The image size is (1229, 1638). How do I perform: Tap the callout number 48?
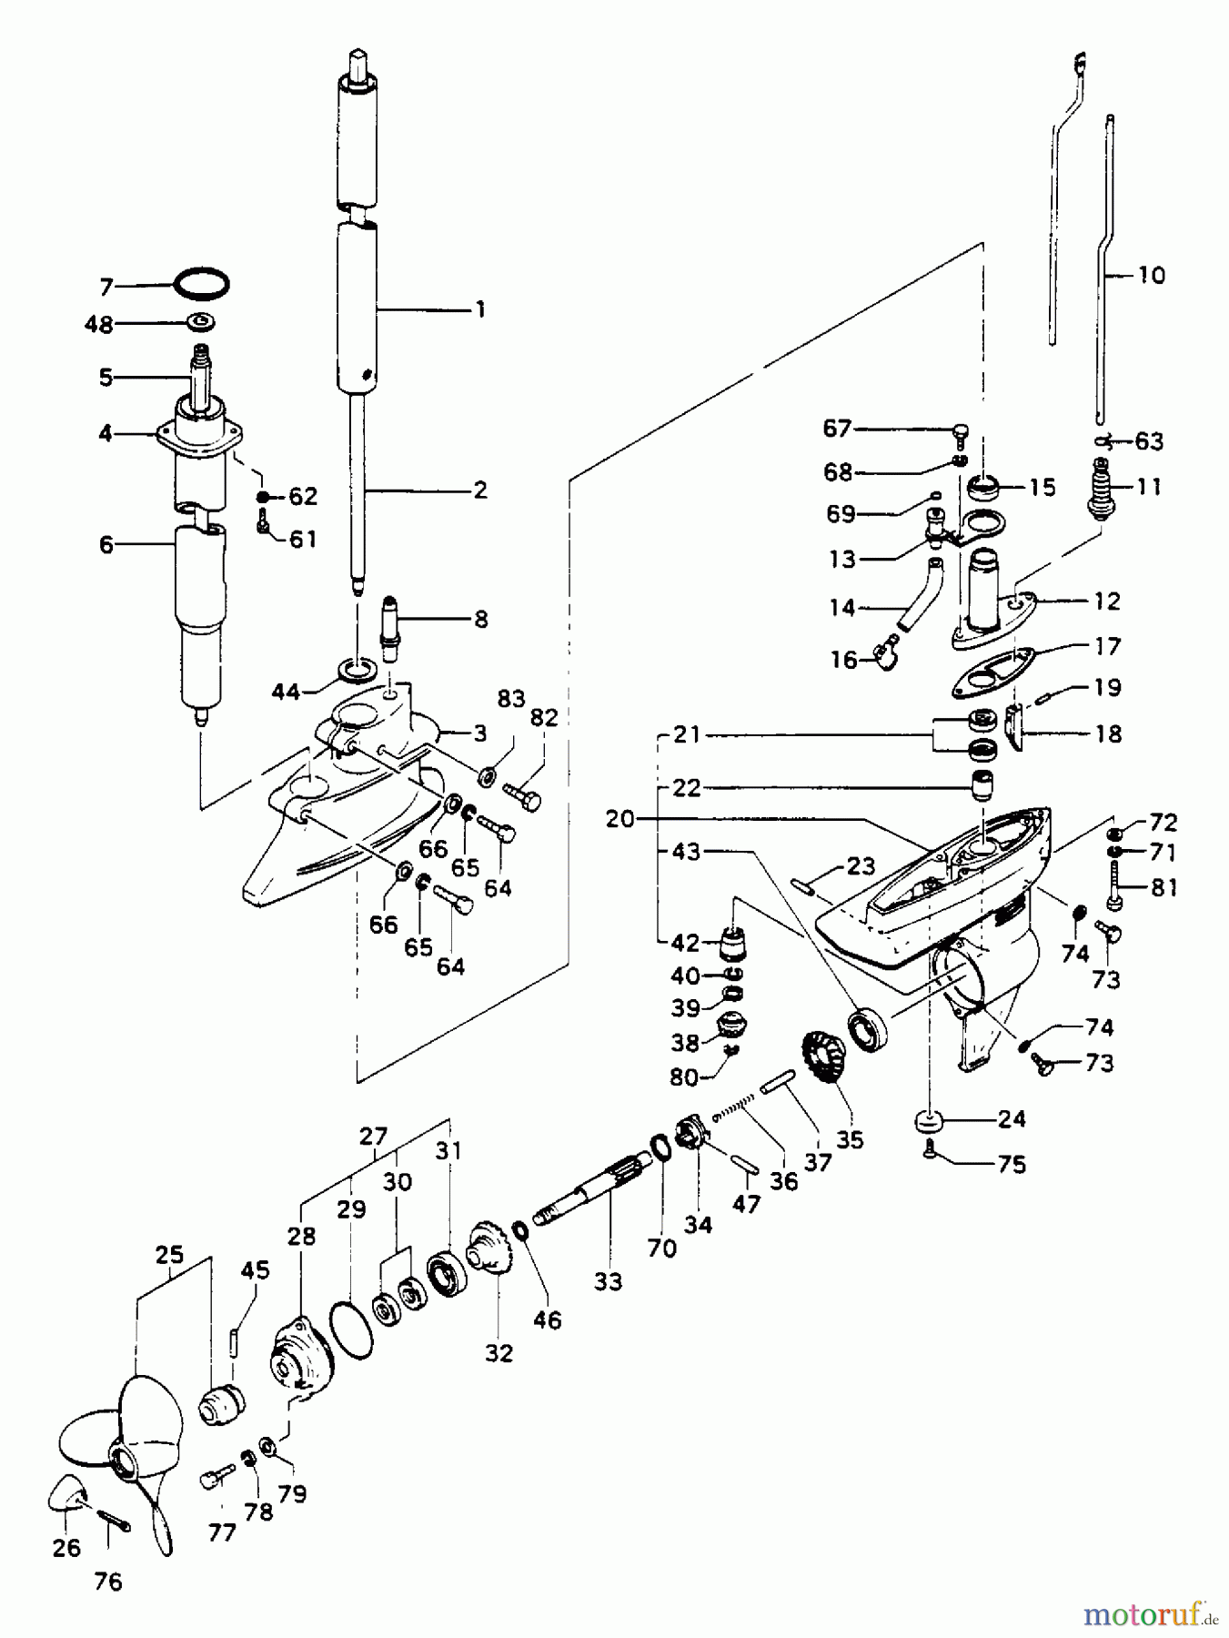(98, 324)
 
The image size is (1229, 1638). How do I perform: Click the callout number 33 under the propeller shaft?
(608, 1281)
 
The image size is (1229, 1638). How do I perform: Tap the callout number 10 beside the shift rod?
(1151, 275)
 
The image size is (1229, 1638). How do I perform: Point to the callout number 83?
(511, 699)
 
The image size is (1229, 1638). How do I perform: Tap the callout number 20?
(620, 819)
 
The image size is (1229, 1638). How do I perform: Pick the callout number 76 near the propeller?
(107, 1582)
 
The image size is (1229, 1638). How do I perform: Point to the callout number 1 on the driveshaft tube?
(479, 309)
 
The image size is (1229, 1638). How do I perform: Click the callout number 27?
(373, 1137)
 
